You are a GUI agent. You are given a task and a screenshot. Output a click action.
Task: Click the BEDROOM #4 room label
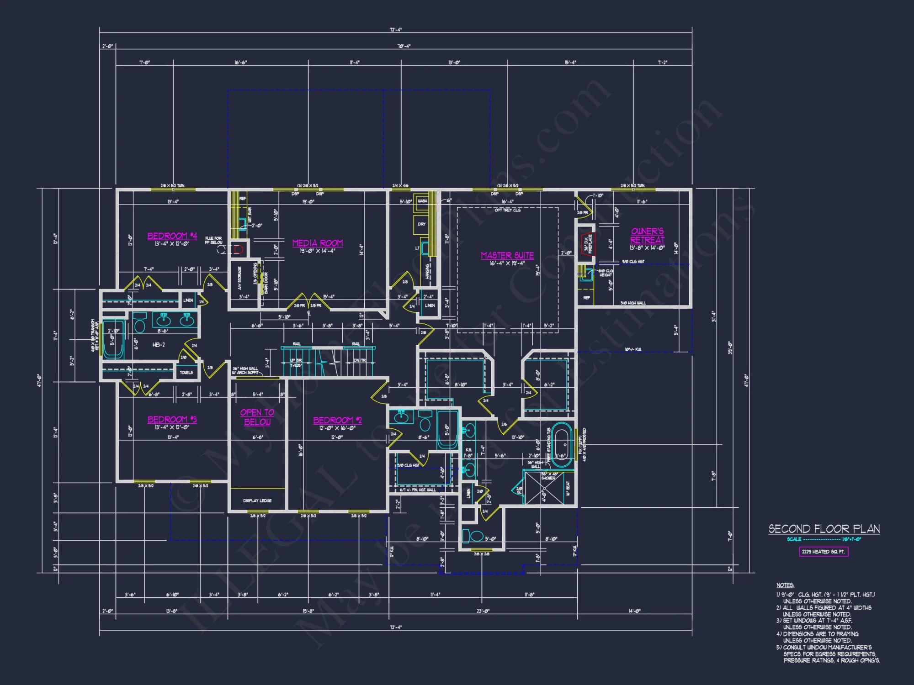[172, 236]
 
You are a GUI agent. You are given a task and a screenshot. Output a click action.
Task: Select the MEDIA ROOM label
[317, 243]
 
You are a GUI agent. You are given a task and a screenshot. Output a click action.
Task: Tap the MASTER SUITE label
[507, 256]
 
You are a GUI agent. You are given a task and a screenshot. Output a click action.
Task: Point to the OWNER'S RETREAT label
[647, 236]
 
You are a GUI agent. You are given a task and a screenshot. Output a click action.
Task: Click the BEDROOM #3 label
[172, 420]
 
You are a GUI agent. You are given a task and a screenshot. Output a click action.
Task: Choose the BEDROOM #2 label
[337, 420]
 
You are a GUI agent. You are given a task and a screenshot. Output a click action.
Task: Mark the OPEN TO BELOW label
[257, 417]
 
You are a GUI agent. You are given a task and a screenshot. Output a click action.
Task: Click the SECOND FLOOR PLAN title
[824, 529]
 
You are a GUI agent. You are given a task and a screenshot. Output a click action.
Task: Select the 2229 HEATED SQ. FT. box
[824, 552]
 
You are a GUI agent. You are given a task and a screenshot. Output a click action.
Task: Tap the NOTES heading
[785, 585]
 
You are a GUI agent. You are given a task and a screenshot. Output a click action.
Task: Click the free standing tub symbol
[562, 445]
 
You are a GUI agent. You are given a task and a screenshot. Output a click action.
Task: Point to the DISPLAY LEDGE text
[257, 501]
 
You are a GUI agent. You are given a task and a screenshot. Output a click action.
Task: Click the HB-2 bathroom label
[159, 345]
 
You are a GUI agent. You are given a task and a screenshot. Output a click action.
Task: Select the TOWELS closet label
[186, 372]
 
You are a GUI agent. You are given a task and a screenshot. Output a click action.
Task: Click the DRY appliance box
[421, 224]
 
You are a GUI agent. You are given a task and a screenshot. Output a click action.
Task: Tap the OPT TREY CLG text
[507, 210]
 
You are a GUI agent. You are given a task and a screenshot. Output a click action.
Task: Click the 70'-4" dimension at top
[404, 46]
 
